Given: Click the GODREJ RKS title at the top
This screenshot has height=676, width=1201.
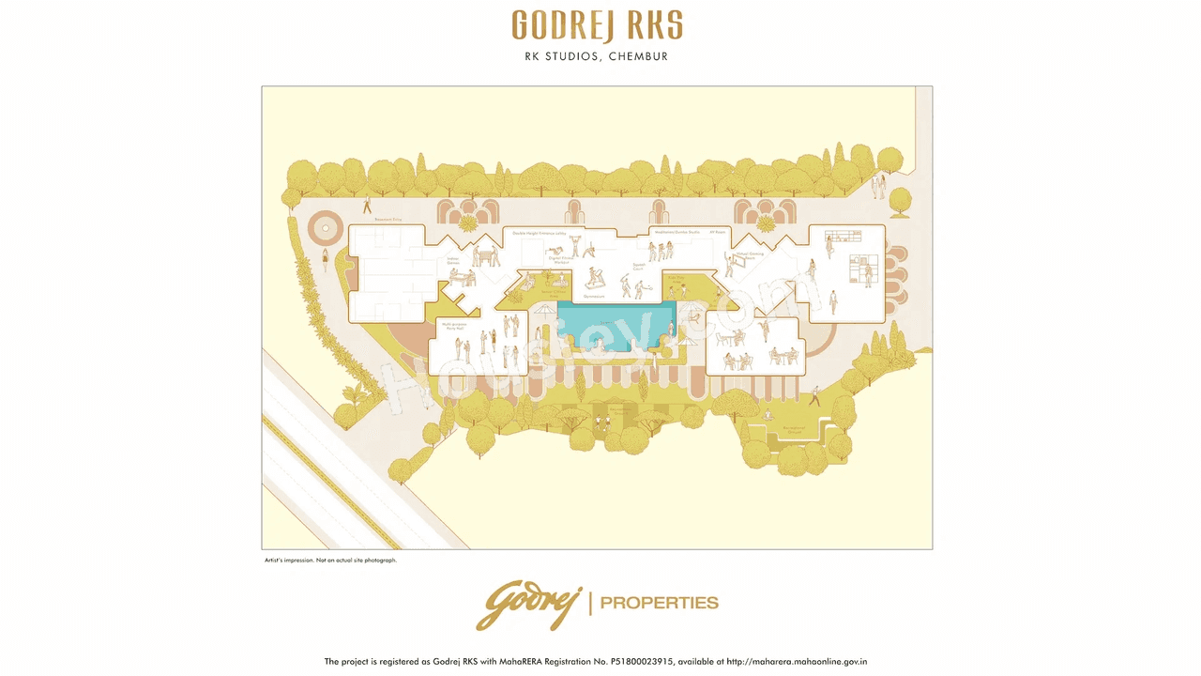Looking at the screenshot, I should click(597, 26).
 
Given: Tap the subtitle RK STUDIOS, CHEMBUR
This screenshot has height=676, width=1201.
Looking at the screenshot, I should click(597, 56).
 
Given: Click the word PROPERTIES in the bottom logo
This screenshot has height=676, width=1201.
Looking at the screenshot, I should click(659, 603).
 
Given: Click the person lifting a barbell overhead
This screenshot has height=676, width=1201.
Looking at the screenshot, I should click(588, 249).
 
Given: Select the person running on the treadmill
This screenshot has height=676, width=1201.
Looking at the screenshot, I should click(593, 278).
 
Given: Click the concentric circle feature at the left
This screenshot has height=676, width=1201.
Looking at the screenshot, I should click(326, 226).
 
